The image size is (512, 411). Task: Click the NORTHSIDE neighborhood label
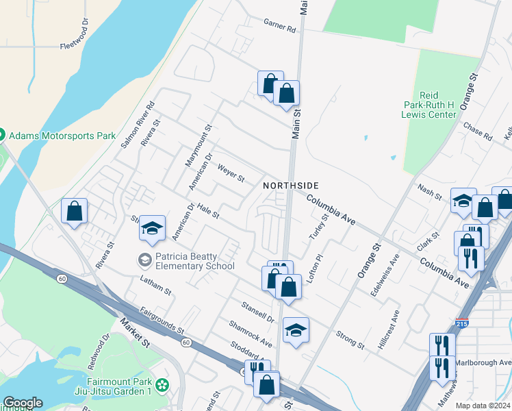coord(291,186)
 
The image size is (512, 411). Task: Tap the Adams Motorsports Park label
coord(62,136)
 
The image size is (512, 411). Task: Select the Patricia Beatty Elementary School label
coord(194,261)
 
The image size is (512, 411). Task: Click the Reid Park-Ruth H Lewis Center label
coord(428,106)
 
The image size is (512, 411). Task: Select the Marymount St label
coord(199,145)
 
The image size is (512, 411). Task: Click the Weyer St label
coord(231,173)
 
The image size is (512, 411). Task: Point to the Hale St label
coord(207,210)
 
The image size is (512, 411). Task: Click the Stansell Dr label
coord(257,311)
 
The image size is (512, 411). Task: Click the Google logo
coord(23,403)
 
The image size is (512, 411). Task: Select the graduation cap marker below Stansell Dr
coord(296,331)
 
